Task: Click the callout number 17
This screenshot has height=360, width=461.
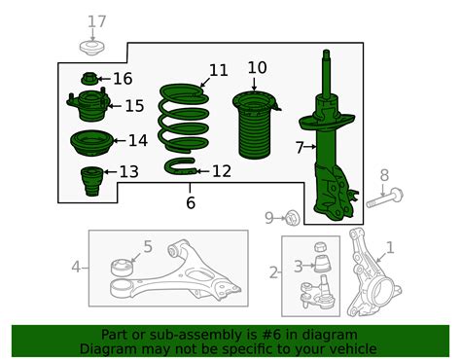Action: [95, 21]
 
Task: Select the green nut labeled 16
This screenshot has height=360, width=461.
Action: [89, 79]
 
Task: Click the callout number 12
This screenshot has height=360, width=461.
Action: [221, 171]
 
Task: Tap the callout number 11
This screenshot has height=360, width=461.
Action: [218, 70]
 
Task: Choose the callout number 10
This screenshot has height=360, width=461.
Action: [257, 67]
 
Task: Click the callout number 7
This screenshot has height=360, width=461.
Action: [300, 147]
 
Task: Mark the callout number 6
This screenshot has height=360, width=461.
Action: [191, 202]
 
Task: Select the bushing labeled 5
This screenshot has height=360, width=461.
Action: [124, 265]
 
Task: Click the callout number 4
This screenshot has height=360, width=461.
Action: [75, 266]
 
